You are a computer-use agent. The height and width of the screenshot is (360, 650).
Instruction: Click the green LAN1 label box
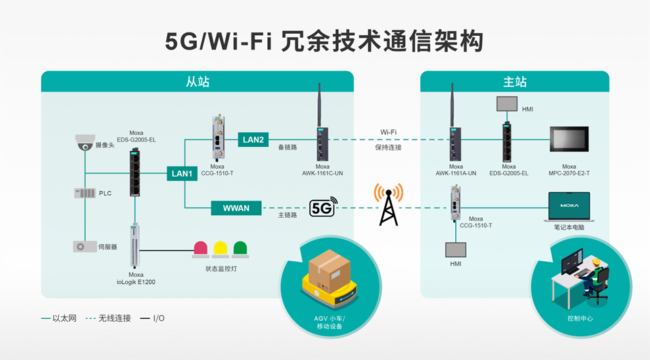[183, 174]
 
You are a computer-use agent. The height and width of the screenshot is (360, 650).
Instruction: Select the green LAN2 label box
[253, 140]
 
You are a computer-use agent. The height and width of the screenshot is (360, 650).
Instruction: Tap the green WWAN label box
[236, 208]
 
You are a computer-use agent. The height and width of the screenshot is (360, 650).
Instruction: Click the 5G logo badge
[323, 208]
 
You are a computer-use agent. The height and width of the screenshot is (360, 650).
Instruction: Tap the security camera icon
[85, 142]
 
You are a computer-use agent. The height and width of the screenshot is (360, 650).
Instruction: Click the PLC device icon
[85, 194]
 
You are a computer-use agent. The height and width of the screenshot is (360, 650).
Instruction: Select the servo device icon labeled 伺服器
[85, 246]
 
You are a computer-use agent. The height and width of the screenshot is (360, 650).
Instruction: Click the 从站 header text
[198, 82]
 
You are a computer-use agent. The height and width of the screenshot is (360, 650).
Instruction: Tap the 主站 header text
[515, 82]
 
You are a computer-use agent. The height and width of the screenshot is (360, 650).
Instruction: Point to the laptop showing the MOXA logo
[568, 206]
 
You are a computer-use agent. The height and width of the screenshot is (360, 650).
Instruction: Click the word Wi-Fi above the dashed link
[388, 132]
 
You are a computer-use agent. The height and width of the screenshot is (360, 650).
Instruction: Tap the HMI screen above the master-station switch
[506, 104]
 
